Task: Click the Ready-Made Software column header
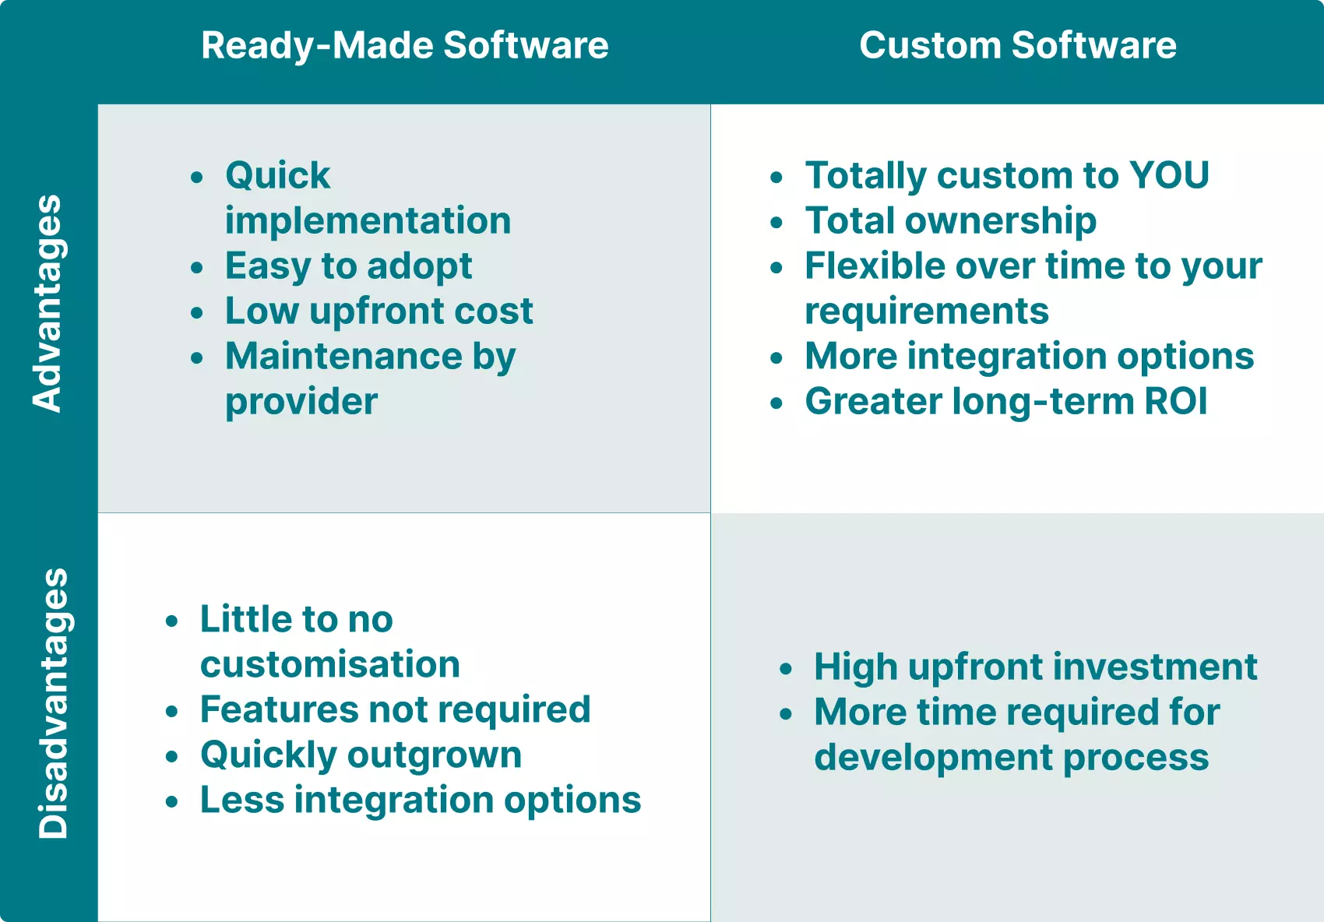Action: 404,45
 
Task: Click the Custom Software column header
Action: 1017,45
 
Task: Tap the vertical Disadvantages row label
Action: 53,703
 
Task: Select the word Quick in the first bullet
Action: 277,175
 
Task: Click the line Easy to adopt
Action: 348,266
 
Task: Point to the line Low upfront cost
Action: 379,311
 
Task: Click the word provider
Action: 301,402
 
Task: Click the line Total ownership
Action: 950,220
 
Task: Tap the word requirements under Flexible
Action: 926,311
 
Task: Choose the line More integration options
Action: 1029,357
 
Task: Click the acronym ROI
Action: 1175,402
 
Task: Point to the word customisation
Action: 329,664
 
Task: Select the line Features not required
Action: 395,709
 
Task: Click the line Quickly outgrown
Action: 361,755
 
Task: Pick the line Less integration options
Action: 420,800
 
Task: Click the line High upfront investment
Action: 1035,667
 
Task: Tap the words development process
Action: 1011,757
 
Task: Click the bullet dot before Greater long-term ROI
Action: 776,403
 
